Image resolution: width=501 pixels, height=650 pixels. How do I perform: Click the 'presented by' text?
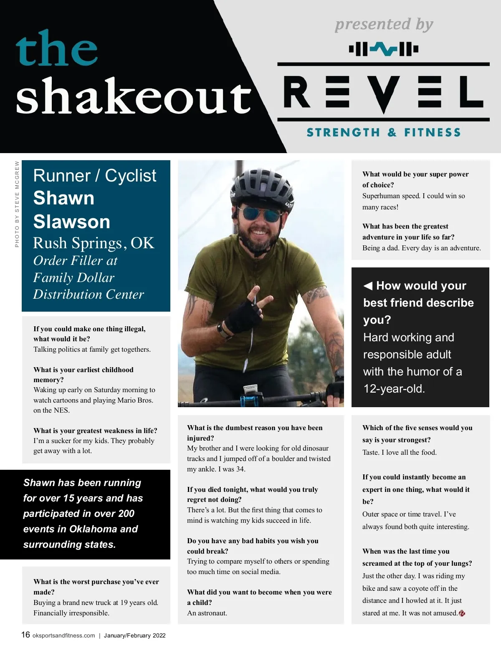click(384, 24)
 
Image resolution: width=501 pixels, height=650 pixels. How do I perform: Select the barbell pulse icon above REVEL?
click(383, 49)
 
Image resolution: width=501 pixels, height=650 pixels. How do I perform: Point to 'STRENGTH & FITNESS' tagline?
click(384, 133)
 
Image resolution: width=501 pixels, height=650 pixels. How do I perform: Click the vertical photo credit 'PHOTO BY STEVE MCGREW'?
click(17, 204)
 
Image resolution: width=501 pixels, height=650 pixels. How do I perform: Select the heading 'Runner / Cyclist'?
click(94, 176)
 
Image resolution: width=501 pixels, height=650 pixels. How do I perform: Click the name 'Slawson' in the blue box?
click(72, 222)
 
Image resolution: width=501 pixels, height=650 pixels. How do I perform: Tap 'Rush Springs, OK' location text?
click(94, 243)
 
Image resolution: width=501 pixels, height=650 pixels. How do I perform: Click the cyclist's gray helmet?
click(259, 186)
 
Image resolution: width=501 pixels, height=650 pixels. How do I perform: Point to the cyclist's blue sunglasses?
click(262, 215)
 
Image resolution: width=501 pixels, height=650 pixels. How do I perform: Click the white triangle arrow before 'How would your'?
click(368, 286)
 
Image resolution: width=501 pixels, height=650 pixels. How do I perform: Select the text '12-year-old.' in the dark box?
click(394, 388)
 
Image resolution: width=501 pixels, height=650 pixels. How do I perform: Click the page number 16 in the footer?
click(25, 635)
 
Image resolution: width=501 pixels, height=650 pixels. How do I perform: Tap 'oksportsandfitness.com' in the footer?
click(63, 635)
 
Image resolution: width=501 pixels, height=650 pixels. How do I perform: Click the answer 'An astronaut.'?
click(207, 613)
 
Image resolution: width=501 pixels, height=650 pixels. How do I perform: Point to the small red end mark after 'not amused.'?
click(462, 613)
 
